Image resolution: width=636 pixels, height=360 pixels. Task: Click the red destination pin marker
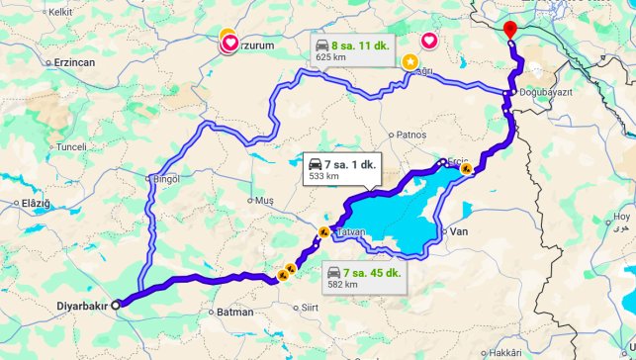pos(510,30)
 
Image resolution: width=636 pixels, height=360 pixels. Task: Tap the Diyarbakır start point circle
pos(116,305)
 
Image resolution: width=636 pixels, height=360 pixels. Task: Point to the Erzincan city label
pos(65,61)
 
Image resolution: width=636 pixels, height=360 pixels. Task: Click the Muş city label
pos(265,200)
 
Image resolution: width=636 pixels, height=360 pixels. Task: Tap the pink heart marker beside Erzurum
pos(229,43)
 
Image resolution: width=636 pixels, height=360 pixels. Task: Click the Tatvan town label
pos(351,231)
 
